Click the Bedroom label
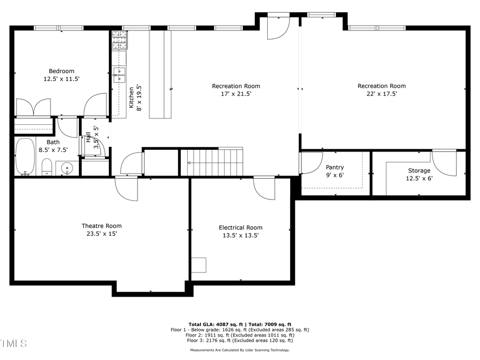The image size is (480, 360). [61, 71]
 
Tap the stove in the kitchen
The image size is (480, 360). [119, 40]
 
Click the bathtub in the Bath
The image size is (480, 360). [25, 156]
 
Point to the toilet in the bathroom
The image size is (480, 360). [46, 167]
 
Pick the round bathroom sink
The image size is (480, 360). [67, 169]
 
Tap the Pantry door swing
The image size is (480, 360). [311, 163]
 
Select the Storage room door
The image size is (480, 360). [444, 163]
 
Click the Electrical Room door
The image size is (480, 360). [264, 188]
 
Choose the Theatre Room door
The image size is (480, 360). [126, 189]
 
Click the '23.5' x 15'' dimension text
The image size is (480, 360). [101, 234]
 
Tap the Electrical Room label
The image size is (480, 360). [241, 228]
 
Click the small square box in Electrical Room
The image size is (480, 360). [198, 265]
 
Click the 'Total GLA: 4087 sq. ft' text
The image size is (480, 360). [215, 324]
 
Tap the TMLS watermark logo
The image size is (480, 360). [13, 343]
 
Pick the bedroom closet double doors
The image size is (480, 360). [33, 107]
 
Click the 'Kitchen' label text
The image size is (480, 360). [131, 98]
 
